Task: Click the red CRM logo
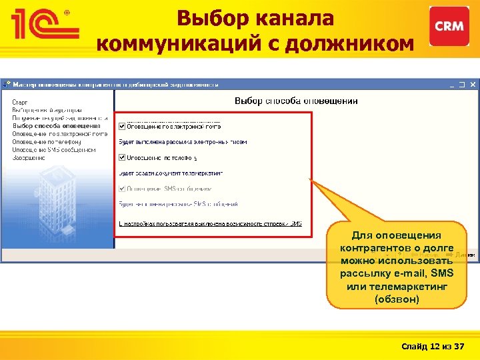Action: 449,26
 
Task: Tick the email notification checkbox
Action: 121,126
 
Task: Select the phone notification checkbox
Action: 121,158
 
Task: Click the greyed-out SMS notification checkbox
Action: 121,189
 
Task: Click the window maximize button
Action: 463,85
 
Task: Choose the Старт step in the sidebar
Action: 19,102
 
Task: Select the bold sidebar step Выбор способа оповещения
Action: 56,125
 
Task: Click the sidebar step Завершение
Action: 29,158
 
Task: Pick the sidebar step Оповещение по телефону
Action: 47,142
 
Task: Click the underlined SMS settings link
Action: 210,224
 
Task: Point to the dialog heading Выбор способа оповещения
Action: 296,101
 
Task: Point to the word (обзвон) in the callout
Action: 397,299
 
